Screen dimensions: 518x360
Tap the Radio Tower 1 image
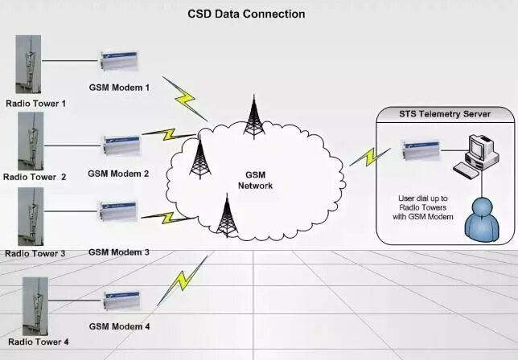31,64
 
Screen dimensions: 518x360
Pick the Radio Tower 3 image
31,217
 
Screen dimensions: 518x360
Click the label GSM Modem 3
119,252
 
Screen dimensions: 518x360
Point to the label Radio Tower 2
35,176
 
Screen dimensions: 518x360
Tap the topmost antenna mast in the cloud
255,117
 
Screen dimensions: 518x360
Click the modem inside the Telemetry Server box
421,149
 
